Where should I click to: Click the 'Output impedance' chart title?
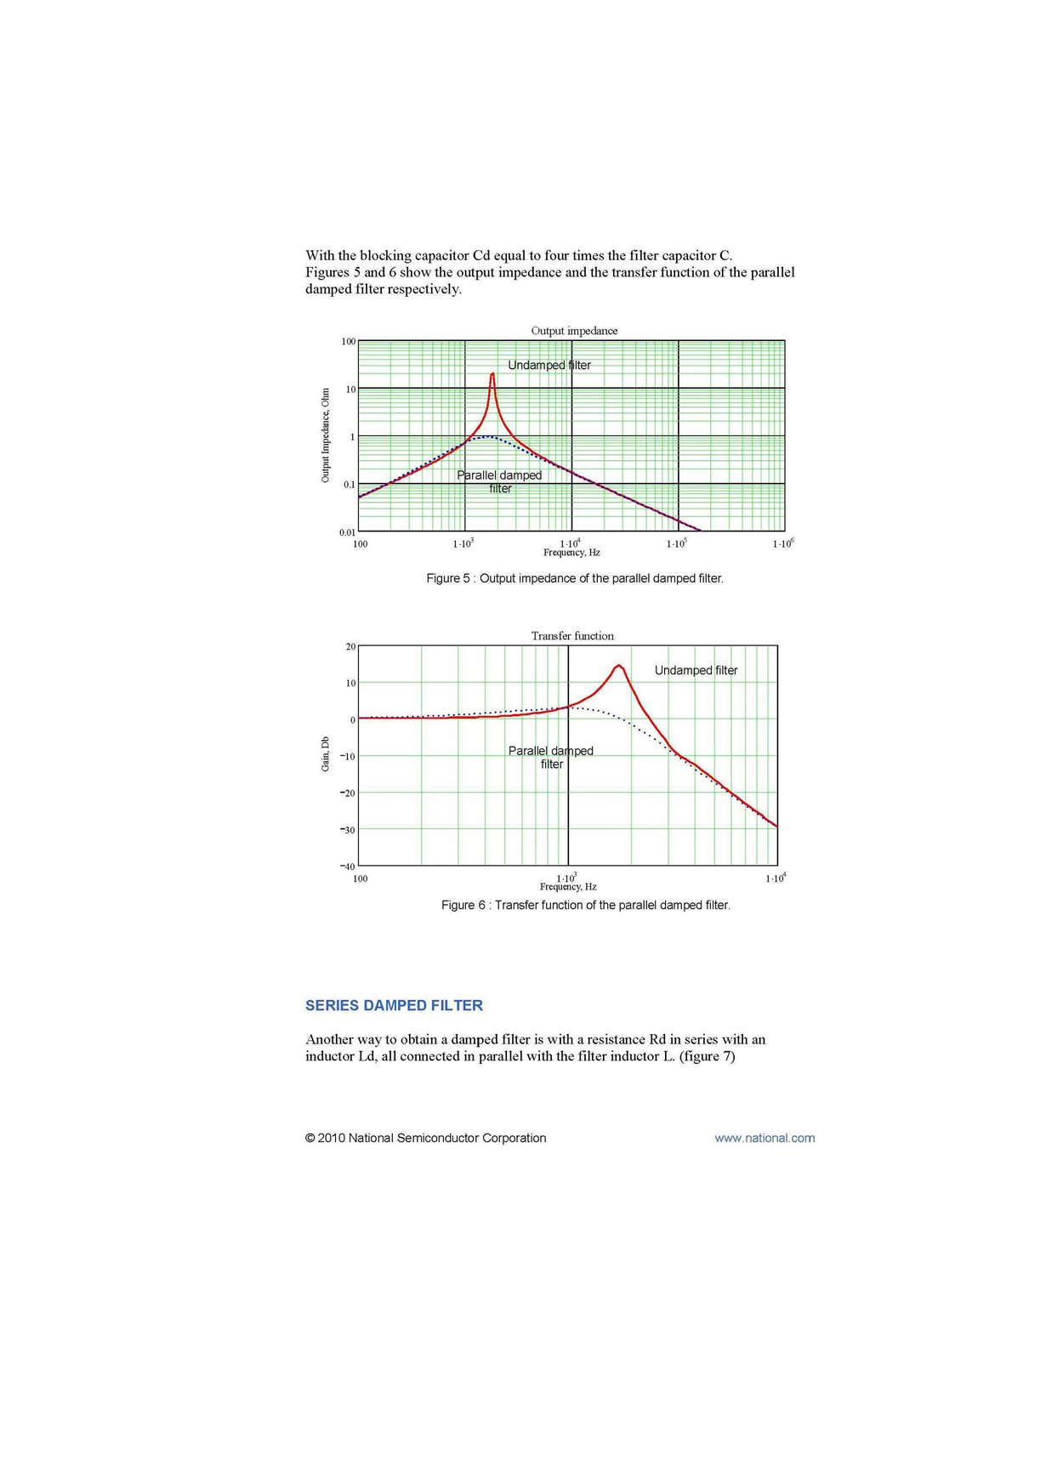coord(574,331)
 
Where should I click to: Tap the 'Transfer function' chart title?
coord(572,636)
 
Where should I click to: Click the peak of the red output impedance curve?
coord(492,374)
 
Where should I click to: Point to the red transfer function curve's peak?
coord(619,666)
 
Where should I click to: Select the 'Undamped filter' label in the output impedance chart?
coord(549,365)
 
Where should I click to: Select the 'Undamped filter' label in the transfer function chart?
coord(696,670)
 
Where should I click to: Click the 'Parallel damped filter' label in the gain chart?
coord(551,757)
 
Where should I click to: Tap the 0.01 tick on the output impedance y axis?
coord(347,532)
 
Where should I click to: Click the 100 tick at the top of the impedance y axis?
coord(349,342)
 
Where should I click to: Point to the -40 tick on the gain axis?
coord(348,867)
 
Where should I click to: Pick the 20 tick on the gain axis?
coord(351,646)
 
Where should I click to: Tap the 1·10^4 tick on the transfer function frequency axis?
coord(776,878)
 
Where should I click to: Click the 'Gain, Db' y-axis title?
coord(325,754)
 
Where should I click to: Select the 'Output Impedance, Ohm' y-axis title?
coord(325,435)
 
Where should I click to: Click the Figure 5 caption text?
coord(575,578)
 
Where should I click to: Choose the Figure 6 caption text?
coord(585,905)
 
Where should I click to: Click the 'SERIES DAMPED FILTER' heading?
coord(394,1005)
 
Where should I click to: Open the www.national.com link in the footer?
coord(765,1138)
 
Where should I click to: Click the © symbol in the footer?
coord(310,1138)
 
